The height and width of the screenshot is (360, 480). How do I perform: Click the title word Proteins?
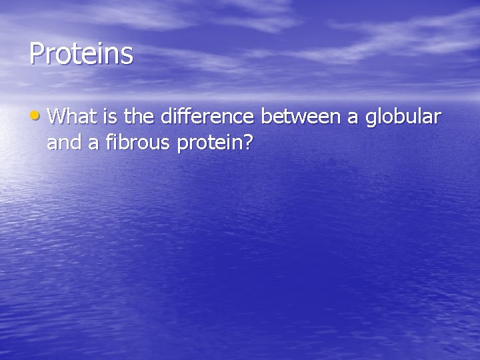tap(81, 54)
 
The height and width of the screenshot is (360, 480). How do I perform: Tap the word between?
tap(300, 117)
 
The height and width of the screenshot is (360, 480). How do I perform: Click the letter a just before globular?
tap(354, 119)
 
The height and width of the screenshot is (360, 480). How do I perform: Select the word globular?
tap(403, 118)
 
